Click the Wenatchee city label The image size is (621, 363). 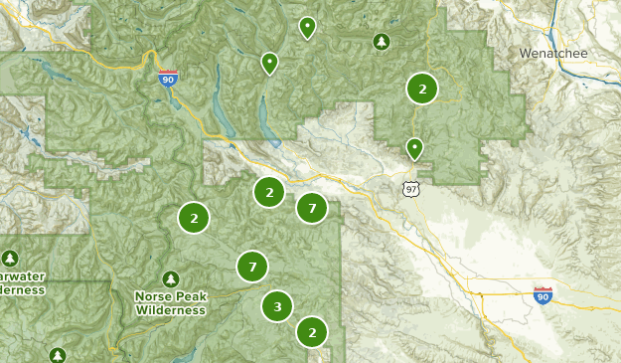tap(553, 52)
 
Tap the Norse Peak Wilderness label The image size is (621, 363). tap(170, 302)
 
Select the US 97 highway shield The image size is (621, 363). tap(411, 188)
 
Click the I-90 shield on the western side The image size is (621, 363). tap(169, 79)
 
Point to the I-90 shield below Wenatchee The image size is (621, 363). tap(543, 294)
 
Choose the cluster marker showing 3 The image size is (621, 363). tap(277, 306)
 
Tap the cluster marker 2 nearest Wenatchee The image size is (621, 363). tap(422, 89)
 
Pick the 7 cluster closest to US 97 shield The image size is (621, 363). tap(312, 208)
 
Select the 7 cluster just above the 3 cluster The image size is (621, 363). tap(252, 267)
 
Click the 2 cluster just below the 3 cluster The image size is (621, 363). tap(312, 332)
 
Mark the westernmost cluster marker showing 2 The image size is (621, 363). tap(194, 218)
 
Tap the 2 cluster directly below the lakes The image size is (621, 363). tap(269, 191)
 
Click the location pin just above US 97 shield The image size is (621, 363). tap(414, 149)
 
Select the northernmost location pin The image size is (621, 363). tap(308, 27)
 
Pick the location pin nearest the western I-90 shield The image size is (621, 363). tap(269, 64)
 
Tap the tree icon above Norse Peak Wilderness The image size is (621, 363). tap(171, 278)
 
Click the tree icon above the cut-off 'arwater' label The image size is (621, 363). tap(10, 259)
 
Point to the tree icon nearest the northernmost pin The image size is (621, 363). tap(381, 42)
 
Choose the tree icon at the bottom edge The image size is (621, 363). tap(58, 355)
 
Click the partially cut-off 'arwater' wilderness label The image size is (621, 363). tap(22, 282)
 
